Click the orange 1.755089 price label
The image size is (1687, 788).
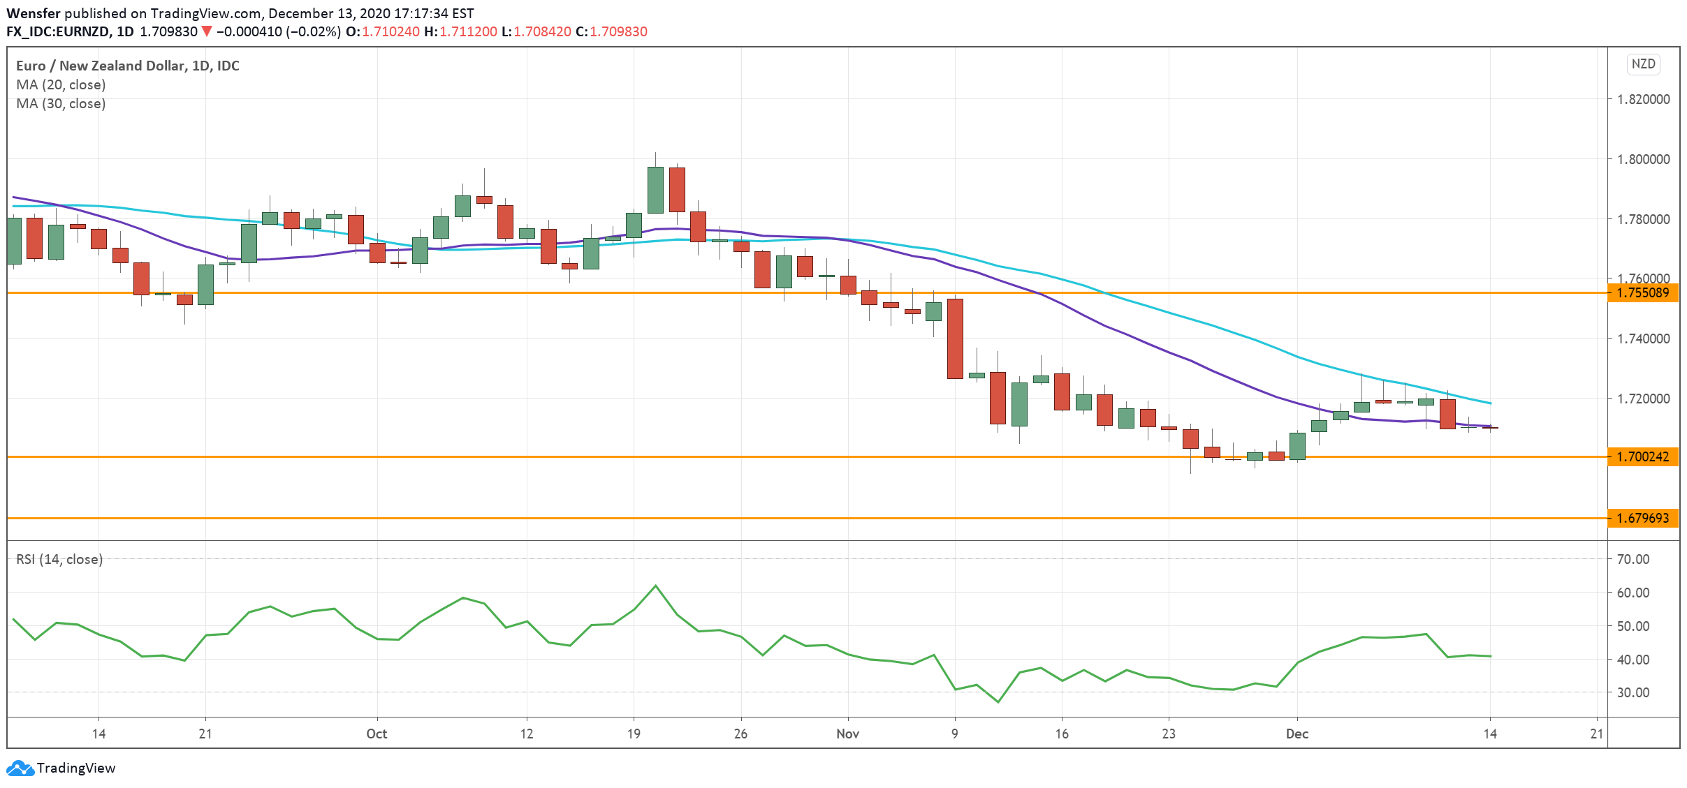[x=1643, y=292]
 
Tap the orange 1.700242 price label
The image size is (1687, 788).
[x=1643, y=456]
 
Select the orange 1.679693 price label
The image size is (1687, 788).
[x=1643, y=518]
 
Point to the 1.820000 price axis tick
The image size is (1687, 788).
[x=1643, y=99]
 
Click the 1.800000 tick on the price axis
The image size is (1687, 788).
[x=1643, y=159]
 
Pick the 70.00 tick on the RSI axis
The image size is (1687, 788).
[x=1633, y=559]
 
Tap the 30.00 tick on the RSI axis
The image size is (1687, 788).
[x=1633, y=692]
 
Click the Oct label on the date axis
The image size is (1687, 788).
[x=377, y=734]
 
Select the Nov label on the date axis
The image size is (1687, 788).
[x=847, y=734]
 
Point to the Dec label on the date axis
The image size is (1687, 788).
[x=1297, y=734]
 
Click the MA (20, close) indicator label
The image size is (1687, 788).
[x=61, y=84]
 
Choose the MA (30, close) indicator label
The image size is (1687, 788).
[x=61, y=103]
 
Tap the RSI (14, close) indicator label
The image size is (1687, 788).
[x=60, y=559]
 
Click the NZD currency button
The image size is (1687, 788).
[x=1643, y=64]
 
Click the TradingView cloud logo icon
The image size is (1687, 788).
[x=20, y=768]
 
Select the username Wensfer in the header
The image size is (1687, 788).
[x=34, y=13]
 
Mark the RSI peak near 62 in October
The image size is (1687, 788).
[x=655, y=586]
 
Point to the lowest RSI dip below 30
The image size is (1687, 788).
[x=998, y=701]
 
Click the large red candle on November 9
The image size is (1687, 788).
[x=955, y=339]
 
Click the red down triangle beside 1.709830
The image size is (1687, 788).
[x=207, y=31]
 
